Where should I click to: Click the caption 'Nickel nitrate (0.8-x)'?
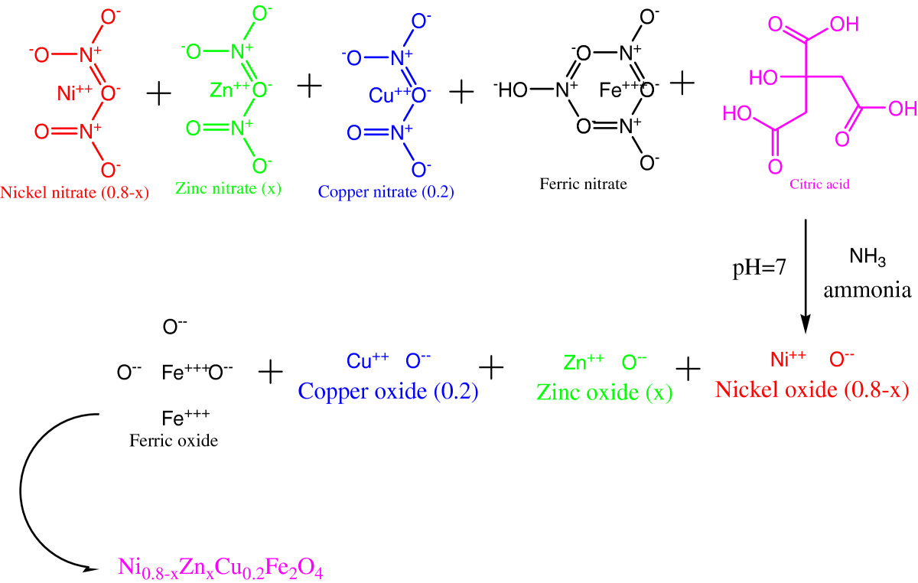point(75,192)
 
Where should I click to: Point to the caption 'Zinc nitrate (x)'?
point(228,188)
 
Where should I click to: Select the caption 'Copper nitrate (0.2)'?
point(386,191)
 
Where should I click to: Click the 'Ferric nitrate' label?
point(583,184)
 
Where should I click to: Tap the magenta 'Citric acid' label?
point(819,184)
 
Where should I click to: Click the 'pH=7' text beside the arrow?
point(760,268)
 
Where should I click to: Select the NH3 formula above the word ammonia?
point(868,257)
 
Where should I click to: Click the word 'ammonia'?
point(868,290)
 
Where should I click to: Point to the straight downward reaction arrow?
point(806,277)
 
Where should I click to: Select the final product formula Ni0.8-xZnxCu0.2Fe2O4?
point(220,568)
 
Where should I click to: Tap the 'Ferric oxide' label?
point(174,441)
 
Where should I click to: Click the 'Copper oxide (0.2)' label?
point(388,391)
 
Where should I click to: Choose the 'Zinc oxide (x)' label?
point(604,392)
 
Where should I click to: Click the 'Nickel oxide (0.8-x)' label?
point(812,389)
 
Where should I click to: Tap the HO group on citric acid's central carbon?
point(763,77)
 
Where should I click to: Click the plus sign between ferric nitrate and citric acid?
point(682,83)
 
